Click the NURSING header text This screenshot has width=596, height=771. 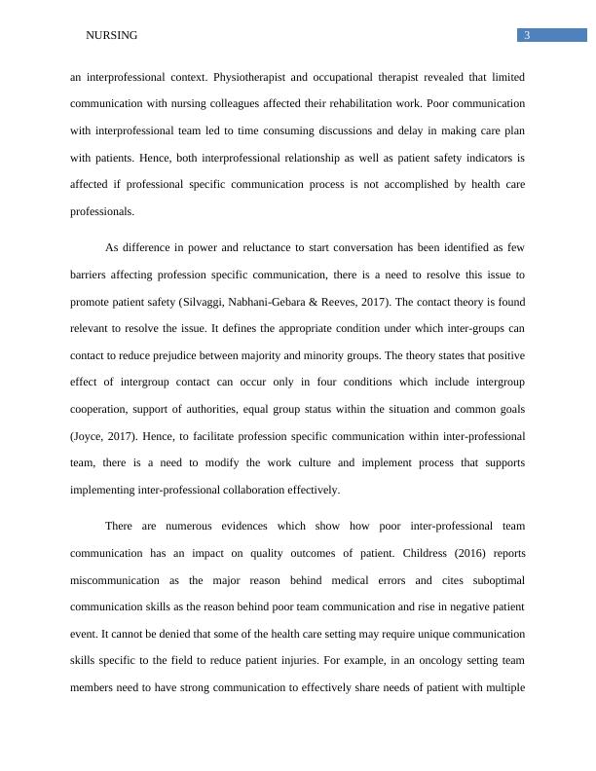tap(112, 36)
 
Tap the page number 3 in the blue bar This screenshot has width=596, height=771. tap(526, 36)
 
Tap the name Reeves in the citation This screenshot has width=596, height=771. tap(461, 302)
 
